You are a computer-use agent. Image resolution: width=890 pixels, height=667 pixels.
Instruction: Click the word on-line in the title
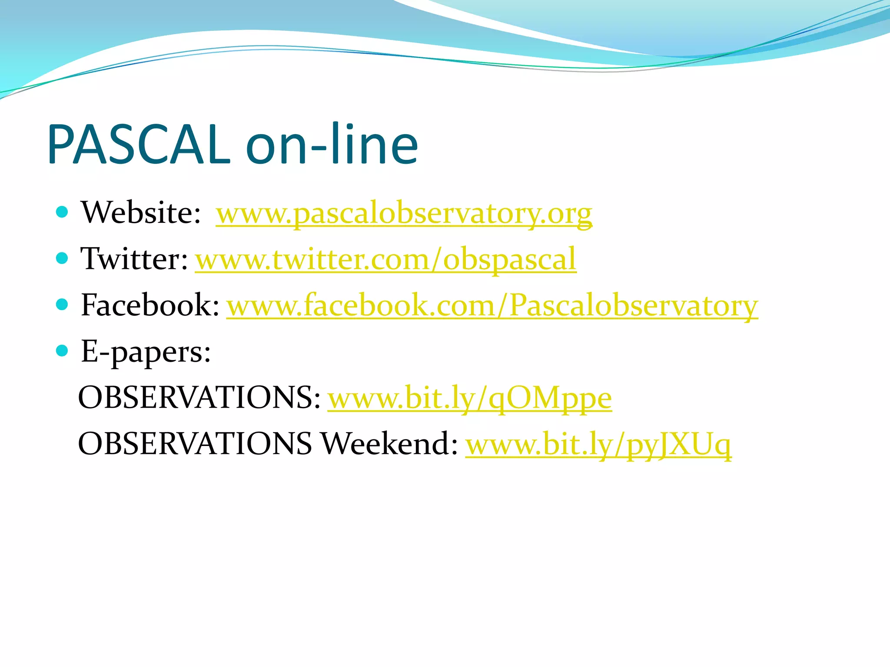[x=332, y=145]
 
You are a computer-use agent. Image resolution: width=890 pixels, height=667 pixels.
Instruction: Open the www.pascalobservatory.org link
[x=404, y=214]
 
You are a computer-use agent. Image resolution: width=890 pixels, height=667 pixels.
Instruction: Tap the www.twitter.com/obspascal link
[x=385, y=260]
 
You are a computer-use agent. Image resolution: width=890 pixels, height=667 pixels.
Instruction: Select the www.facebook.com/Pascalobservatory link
[x=492, y=306]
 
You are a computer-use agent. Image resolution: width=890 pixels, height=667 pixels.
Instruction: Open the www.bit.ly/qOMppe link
[x=469, y=398]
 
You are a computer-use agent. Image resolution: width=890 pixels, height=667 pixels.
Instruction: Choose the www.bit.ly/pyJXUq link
[x=598, y=445]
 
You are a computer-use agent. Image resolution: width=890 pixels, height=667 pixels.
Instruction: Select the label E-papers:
[x=146, y=352]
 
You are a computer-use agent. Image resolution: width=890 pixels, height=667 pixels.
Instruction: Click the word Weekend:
[x=389, y=444]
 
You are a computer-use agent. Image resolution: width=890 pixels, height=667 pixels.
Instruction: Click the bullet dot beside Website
[x=63, y=212]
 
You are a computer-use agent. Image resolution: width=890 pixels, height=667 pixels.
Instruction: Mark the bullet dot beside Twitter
[x=63, y=258]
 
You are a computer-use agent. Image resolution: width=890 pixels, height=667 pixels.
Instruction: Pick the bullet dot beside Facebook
[x=63, y=304]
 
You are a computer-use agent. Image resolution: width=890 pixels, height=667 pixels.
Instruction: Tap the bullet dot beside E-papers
[x=63, y=350]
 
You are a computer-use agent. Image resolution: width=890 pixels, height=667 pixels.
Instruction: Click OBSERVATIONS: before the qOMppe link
[x=199, y=398]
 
